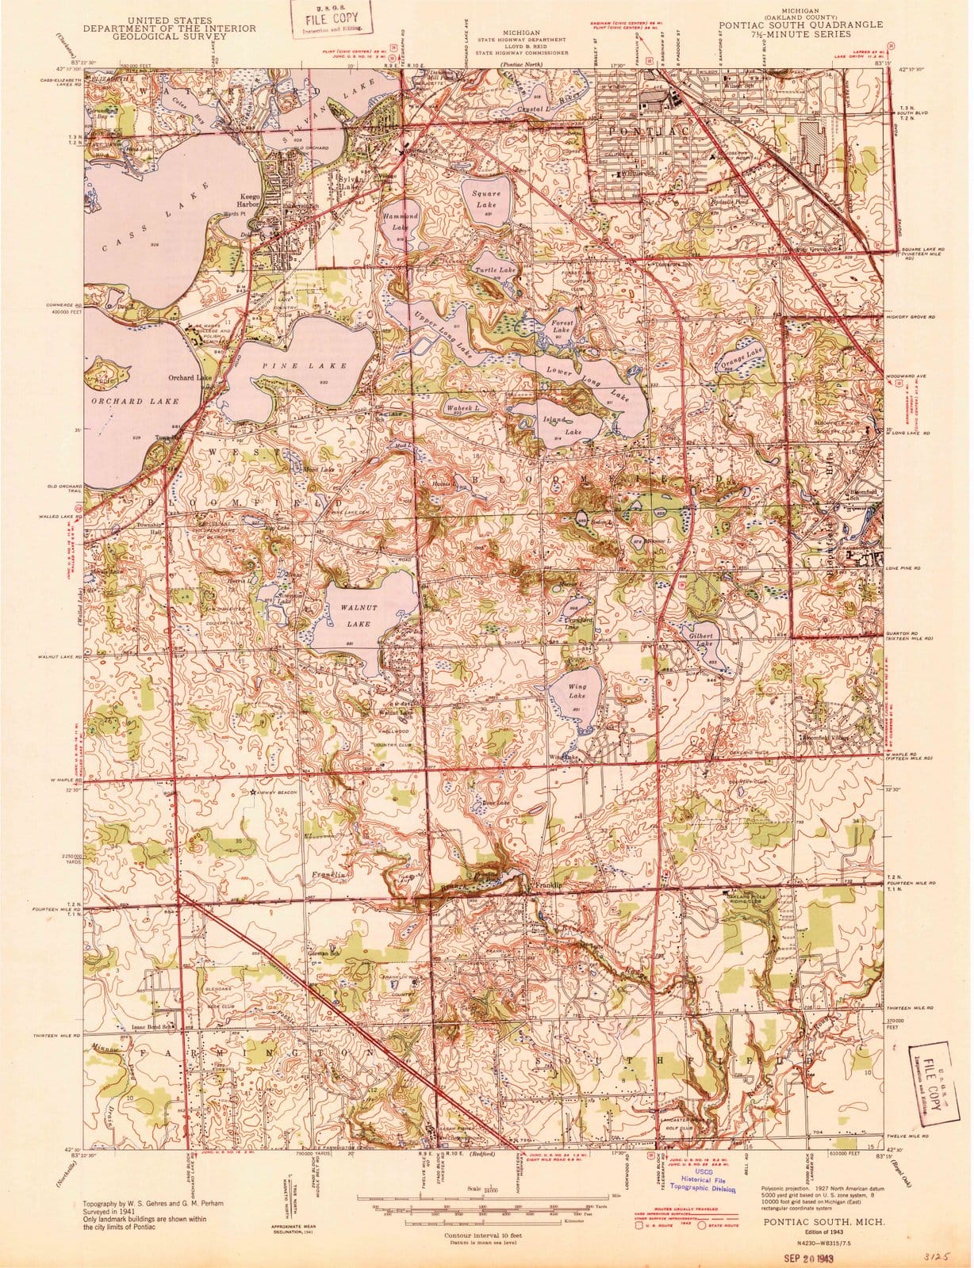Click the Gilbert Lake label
point(704,640)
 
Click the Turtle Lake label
point(495,270)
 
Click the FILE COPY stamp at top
point(328,20)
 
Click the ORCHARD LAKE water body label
point(128,401)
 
